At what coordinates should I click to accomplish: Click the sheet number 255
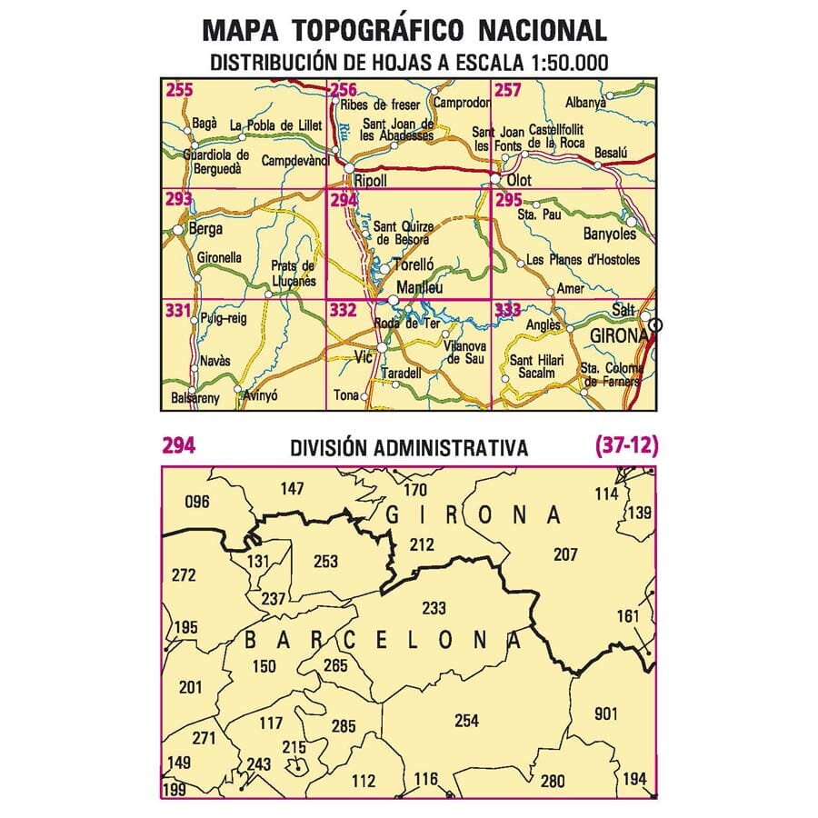tap(179, 89)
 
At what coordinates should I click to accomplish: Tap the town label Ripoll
tap(371, 181)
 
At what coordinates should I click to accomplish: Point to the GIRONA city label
tap(617, 335)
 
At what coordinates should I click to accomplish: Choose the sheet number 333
tap(508, 311)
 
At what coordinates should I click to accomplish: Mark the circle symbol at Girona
tap(657, 325)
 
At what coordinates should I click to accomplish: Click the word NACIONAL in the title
tap(542, 30)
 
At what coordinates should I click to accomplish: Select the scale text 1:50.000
tap(557, 63)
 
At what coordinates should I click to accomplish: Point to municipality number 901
tap(606, 713)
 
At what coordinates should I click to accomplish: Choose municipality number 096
tap(196, 501)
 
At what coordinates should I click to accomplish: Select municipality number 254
tap(465, 721)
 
